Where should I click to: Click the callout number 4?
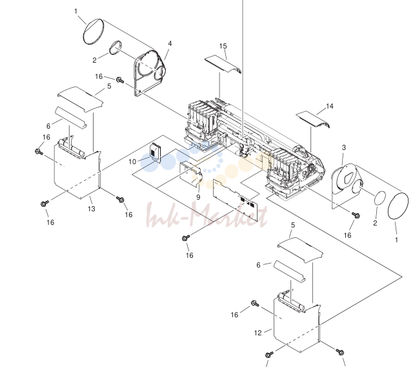click(170, 43)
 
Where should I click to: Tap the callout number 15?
click(223, 46)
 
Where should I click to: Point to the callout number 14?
click(330, 106)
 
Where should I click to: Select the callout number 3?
click(344, 147)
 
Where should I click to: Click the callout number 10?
click(132, 162)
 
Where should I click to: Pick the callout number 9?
click(198, 197)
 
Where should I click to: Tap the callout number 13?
click(91, 209)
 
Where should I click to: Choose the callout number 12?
click(258, 333)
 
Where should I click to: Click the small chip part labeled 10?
click(156, 152)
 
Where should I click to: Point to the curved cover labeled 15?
click(223, 64)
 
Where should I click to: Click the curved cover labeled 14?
click(312, 120)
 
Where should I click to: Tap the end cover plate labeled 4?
click(150, 73)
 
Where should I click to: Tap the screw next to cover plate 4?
click(120, 79)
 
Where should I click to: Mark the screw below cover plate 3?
click(356, 215)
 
